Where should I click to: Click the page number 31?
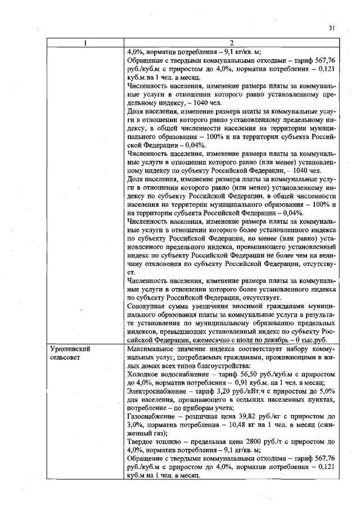(x=331, y=28)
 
